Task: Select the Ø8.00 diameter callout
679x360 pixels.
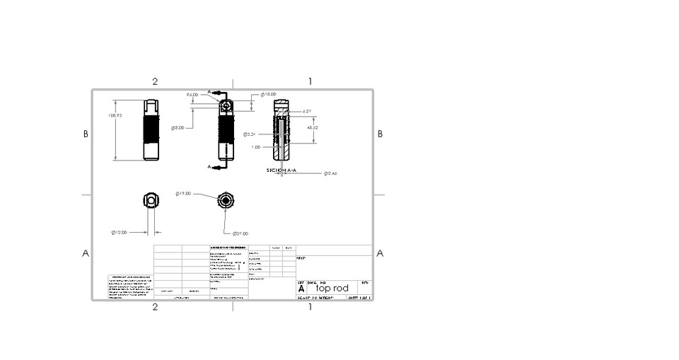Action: pyautogui.click(x=178, y=128)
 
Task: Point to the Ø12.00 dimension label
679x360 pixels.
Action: pyautogui.click(x=118, y=232)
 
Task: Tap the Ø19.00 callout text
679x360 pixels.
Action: pyautogui.click(x=183, y=193)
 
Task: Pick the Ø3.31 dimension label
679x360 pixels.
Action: pyautogui.click(x=249, y=134)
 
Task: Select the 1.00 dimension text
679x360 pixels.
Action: pyautogui.click(x=255, y=147)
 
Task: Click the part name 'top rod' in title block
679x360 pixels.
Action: pyautogui.click(x=332, y=289)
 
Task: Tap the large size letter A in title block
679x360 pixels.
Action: pyautogui.click(x=301, y=289)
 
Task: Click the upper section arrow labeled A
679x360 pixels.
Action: pyautogui.click(x=210, y=91)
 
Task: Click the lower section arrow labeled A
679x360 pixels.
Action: pyautogui.click(x=210, y=167)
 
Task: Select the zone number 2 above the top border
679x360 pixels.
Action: pyautogui.click(x=155, y=81)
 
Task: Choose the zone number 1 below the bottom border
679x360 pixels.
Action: pyautogui.click(x=310, y=307)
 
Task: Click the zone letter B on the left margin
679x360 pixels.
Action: pyautogui.click(x=86, y=134)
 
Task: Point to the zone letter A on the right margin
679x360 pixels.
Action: pyautogui.click(x=380, y=253)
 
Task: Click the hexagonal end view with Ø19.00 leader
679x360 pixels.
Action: pyautogui.click(x=225, y=200)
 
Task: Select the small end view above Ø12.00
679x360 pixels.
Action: pyautogui.click(x=151, y=200)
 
